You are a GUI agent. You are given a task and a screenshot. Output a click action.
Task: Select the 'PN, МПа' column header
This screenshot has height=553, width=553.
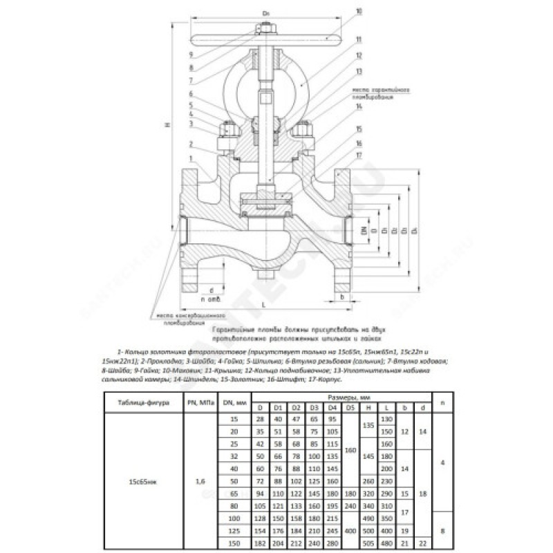click(200, 402)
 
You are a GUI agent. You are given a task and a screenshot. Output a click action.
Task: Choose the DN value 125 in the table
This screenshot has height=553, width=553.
click(234, 531)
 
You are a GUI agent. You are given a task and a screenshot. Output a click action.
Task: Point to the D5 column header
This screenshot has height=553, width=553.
click(350, 408)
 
